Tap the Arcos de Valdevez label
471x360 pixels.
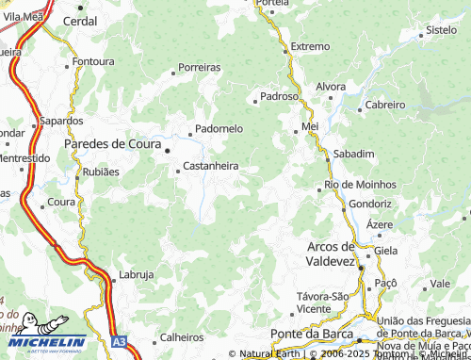tap(343, 253)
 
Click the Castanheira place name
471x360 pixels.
tap(210, 166)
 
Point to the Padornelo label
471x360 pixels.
tap(219, 128)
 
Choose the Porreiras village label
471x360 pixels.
tap(199, 68)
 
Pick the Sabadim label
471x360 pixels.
tap(354, 153)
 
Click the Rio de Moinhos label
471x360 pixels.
tap(360, 184)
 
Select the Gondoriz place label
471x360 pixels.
tap(370, 204)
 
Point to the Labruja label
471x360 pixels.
tap(137, 275)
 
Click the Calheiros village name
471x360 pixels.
tap(182, 337)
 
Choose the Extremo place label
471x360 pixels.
tap(310, 46)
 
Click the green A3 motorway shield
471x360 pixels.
tap(119, 342)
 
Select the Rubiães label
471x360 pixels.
tap(101, 172)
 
